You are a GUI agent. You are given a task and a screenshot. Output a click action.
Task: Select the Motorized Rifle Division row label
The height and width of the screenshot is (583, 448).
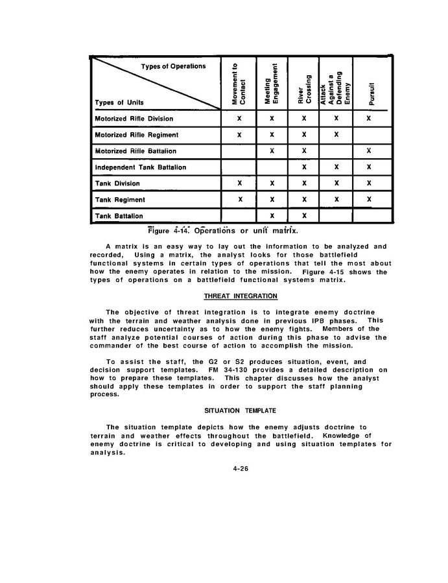tap(134, 119)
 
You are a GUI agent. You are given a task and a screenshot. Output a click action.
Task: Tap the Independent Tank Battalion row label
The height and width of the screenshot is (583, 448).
tap(141, 167)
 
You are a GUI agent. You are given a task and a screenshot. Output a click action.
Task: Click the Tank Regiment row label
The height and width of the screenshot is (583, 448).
tap(120, 200)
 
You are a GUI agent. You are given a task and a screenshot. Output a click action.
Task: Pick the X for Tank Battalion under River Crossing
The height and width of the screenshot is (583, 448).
tap(303, 215)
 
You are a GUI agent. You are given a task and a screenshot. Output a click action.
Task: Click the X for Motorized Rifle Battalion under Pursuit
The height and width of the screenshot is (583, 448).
tap(368, 151)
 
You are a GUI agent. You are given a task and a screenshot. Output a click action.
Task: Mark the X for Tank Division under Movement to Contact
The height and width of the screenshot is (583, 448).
tap(239, 184)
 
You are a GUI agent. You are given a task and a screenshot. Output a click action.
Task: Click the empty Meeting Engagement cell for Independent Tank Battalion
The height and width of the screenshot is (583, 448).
tap(272, 167)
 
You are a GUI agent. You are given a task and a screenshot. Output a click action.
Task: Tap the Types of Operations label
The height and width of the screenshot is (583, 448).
tap(173, 67)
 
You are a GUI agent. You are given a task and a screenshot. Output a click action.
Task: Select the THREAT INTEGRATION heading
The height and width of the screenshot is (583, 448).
tap(241, 296)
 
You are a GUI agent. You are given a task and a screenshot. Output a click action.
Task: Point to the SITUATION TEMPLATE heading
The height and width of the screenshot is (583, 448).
tap(240, 411)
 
